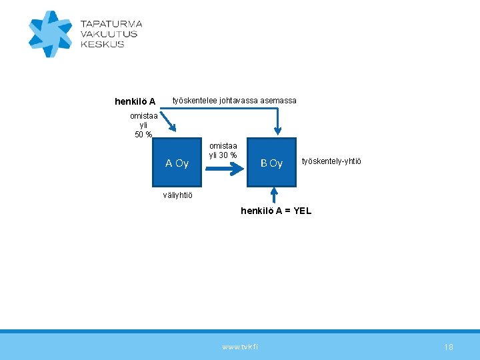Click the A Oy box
pyautogui.click(x=177, y=163)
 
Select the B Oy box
pyautogui.click(x=271, y=163)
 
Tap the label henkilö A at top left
pyautogui.click(x=135, y=102)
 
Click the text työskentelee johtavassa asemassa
pyautogui.click(x=235, y=101)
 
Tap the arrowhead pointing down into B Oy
pyautogui.click(x=277, y=133)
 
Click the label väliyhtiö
pyautogui.click(x=178, y=195)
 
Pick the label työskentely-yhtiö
pyautogui.click(x=332, y=161)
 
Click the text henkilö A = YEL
pyautogui.click(x=276, y=211)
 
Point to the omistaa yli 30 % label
pyautogui.click(x=223, y=151)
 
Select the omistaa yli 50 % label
pyautogui.click(x=143, y=125)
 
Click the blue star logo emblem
pyautogui.click(x=50, y=33)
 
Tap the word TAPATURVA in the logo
pyautogui.click(x=111, y=24)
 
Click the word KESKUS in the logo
pyautogui.click(x=102, y=44)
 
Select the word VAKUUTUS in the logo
pyautogui.click(x=109, y=34)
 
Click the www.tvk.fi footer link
pyautogui.click(x=240, y=347)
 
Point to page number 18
pyautogui.click(x=449, y=347)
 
